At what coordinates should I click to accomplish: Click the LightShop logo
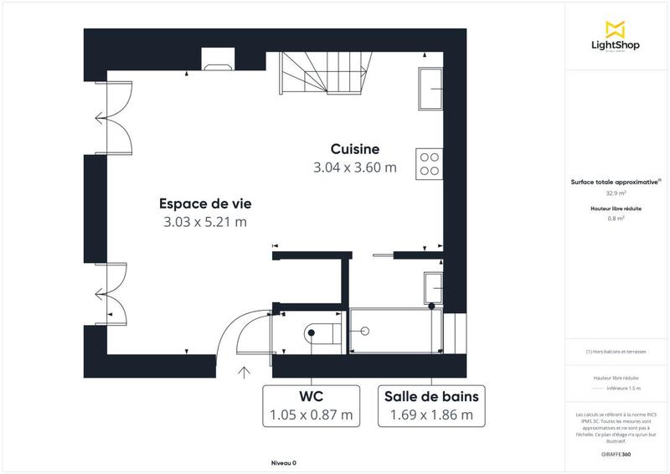tap(616, 38)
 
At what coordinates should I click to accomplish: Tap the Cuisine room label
tap(355, 148)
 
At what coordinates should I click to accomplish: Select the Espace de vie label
tap(205, 203)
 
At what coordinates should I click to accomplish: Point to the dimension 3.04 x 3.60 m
tap(355, 167)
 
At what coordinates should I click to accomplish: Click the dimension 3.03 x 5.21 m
tap(205, 222)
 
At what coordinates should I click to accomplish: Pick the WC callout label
tap(311, 395)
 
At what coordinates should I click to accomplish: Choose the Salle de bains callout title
tap(431, 395)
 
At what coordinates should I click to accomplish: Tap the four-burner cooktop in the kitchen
tap(430, 162)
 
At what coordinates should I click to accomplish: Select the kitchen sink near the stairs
tap(430, 89)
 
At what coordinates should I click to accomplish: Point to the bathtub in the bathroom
tap(394, 332)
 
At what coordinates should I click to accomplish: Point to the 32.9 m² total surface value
tap(616, 193)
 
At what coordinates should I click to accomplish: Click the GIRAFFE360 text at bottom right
tap(616, 453)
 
